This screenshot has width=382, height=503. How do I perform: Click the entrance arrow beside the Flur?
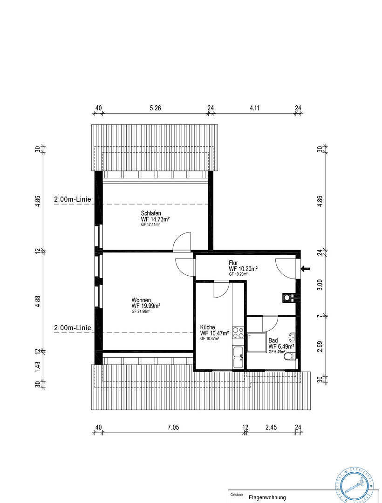click(306, 268)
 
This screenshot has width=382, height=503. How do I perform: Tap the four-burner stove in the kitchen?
click(238, 333)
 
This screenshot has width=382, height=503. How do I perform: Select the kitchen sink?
click(238, 356)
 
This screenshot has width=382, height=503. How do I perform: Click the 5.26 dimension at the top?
click(155, 108)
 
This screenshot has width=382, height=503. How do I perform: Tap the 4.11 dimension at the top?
click(254, 108)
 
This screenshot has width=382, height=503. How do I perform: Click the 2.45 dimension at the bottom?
click(271, 427)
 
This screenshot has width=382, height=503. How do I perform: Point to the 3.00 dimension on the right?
click(320, 285)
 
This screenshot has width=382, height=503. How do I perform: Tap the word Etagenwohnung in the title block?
click(267, 497)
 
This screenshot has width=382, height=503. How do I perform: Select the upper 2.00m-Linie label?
click(72, 199)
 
